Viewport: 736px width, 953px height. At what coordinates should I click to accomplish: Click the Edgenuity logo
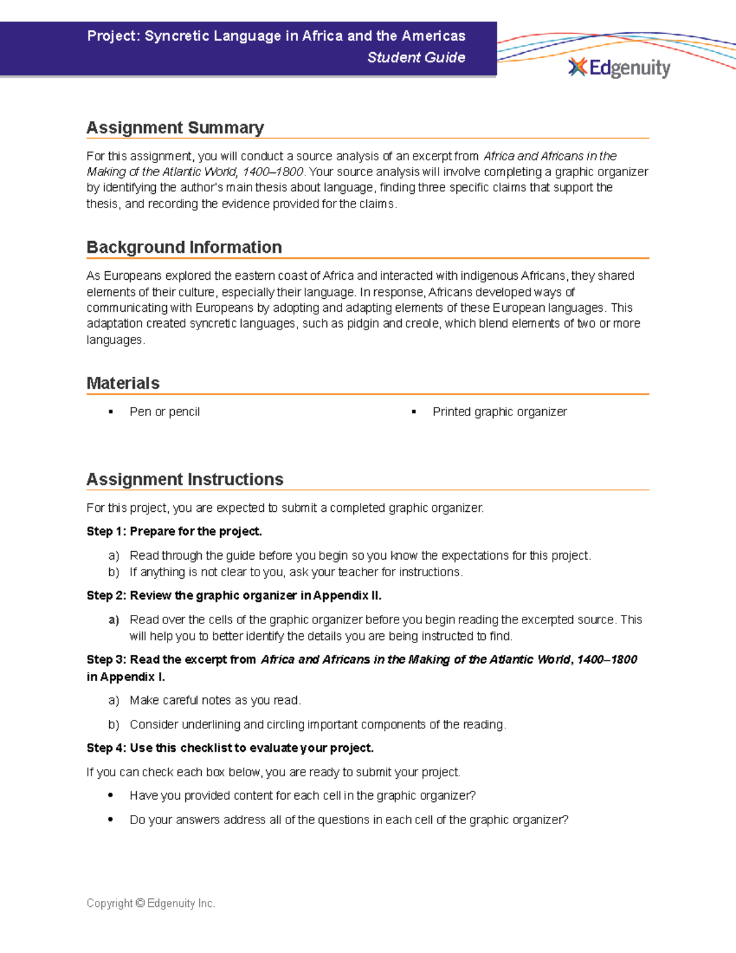[619, 68]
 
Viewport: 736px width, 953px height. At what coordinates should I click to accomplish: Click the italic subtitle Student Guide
[416, 57]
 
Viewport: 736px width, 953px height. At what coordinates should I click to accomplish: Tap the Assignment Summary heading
[175, 128]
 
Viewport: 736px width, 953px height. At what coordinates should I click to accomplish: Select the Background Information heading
[184, 247]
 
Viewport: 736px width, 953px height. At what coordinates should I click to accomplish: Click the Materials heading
[123, 384]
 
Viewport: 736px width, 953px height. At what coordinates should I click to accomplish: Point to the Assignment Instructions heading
[185, 479]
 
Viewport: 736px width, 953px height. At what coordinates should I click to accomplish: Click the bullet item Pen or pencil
[164, 412]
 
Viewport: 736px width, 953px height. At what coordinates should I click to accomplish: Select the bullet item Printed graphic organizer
[499, 412]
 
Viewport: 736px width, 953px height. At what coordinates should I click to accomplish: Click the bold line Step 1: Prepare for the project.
[174, 531]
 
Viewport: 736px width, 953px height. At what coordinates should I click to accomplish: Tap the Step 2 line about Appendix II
[234, 595]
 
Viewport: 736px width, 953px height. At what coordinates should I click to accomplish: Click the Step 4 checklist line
[230, 748]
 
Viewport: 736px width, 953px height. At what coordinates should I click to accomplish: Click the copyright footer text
[151, 903]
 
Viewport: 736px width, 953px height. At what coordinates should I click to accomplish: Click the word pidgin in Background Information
[363, 323]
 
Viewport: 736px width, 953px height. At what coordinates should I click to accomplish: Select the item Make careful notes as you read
[215, 700]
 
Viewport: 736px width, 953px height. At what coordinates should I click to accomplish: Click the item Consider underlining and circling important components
[317, 725]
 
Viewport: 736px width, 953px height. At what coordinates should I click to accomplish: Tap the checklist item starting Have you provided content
[302, 796]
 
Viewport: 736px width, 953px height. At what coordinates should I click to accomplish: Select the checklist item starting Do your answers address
[348, 820]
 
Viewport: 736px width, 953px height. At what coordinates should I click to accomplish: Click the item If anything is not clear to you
[296, 572]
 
